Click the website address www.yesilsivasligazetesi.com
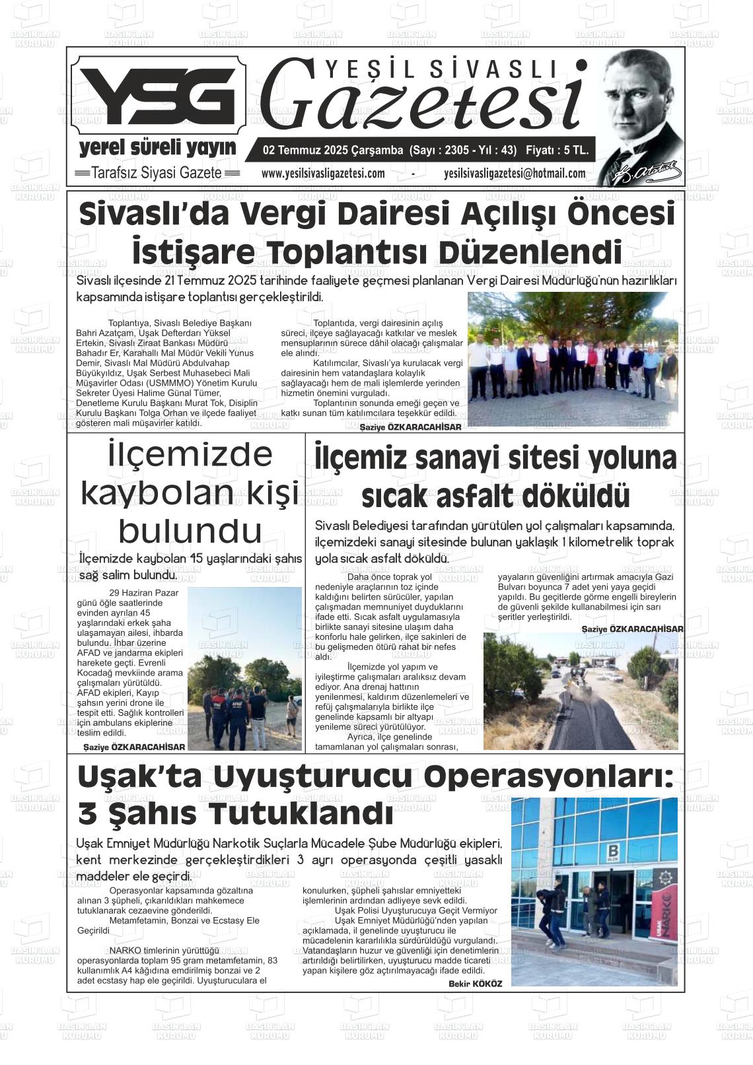pyautogui.click(x=323, y=174)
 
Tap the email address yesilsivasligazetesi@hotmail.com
pyautogui.click(x=515, y=174)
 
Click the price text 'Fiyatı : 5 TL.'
pyautogui.click(x=556, y=150)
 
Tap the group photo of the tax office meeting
pyautogui.click(x=572, y=359)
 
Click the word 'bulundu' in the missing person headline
pyautogui.click(x=190, y=530)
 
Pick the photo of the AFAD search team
pyautogui.click(x=244, y=669)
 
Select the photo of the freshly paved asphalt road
pyautogui.click(x=580, y=691)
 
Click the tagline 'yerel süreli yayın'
pyautogui.click(x=157, y=147)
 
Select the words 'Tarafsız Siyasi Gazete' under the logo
pyautogui.click(x=157, y=173)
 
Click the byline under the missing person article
pyautogui.click(x=134, y=747)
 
